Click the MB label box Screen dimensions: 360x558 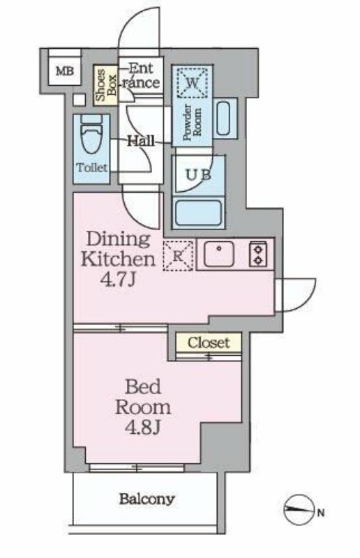point(65,71)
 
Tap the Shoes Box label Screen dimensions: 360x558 point(106,85)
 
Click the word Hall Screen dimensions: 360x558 point(141,141)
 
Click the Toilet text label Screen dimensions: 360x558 point(91,167)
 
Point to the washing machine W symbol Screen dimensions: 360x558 point(193,83)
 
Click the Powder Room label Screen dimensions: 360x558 point(193,122)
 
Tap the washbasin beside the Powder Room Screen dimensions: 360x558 point(223,118)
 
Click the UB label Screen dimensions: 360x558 point(199,174)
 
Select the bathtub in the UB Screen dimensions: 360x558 point(199,213)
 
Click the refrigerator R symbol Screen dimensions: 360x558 point(178,256)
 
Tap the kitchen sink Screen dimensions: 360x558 point(219,254)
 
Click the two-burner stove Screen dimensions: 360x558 point(258,254)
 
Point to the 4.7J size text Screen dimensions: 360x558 point(118,280)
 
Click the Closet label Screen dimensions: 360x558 point(209,342)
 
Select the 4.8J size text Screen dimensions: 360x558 point(142,427)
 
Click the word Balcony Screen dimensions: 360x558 point(147,499)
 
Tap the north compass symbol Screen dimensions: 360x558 point(299,510)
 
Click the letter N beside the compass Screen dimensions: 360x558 point(321,513)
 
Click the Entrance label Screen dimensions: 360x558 point(141,75)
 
